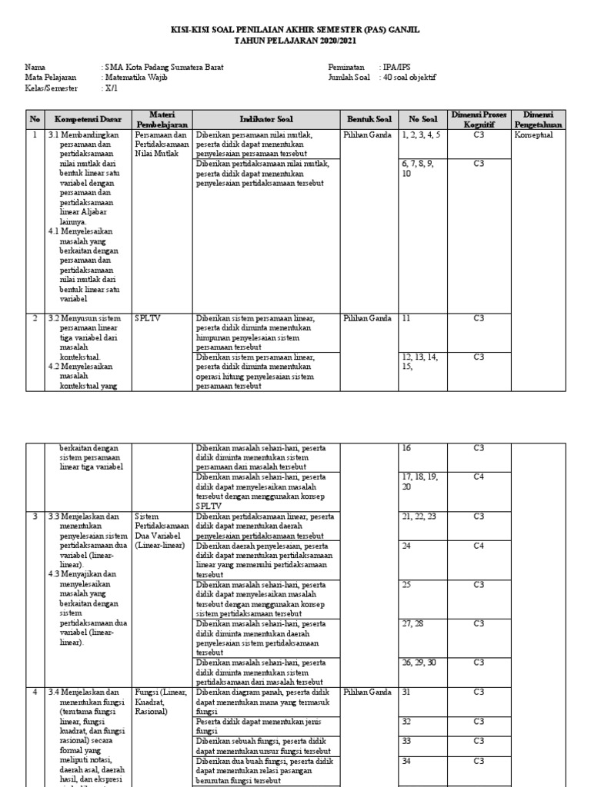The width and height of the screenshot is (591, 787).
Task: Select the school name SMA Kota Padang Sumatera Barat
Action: pos(162,68)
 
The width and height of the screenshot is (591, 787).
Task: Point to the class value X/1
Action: pos(111,88)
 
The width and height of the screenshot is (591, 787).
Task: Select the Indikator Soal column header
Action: pos(266,120)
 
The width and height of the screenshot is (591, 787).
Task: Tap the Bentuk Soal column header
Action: pos(369,120)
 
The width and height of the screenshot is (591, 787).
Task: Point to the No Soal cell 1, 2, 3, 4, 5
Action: pos(421,135)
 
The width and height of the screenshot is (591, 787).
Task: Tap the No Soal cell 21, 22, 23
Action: pos(419,516)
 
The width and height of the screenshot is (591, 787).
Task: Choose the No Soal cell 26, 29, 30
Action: pos(419,662)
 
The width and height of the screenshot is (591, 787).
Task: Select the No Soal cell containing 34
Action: pos(407,761)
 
